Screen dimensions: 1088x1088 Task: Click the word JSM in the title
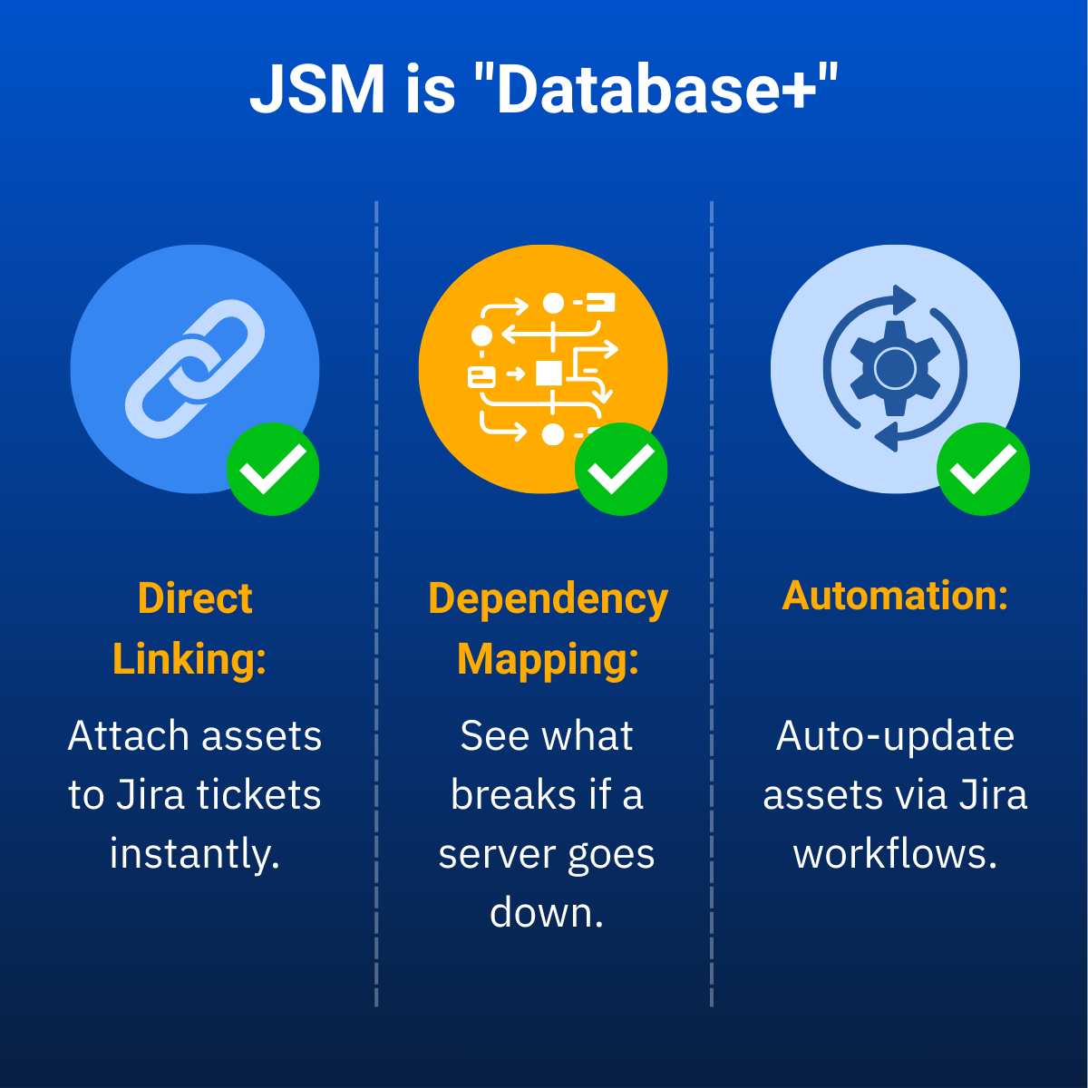317,89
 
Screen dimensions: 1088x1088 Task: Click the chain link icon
195,368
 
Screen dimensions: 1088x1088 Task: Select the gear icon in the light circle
895,368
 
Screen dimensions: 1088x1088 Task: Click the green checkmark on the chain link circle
273,470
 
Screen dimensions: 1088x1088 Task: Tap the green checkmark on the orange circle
621,470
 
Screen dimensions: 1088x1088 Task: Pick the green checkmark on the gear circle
983,470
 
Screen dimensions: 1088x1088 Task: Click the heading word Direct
195,598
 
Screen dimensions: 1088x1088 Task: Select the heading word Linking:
189,658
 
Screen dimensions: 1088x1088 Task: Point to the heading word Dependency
548,599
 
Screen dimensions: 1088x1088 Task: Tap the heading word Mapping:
548,659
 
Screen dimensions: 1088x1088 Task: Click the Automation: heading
895,596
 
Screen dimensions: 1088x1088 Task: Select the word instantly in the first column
194,853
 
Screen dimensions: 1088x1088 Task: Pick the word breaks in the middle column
513,794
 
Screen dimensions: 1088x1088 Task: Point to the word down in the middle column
546,912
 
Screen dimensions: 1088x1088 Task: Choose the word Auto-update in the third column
895,735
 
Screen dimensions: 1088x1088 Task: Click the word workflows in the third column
895,853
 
